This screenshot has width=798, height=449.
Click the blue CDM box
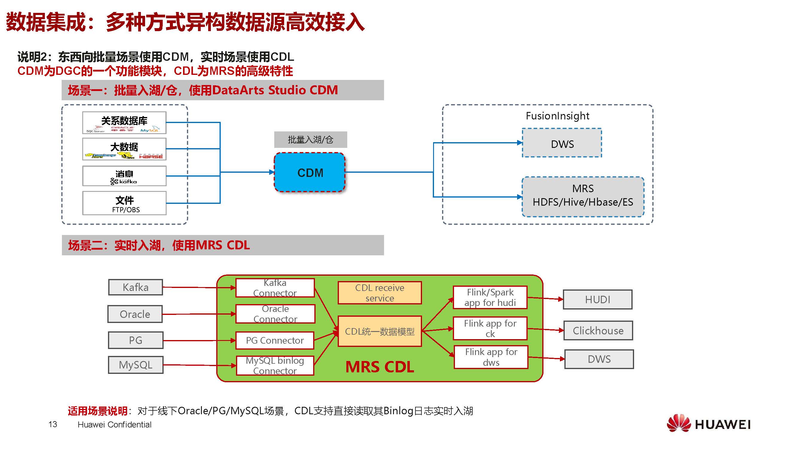(310, 172)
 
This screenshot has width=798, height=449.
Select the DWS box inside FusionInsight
(562, 143)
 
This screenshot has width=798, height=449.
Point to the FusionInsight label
(557, 116)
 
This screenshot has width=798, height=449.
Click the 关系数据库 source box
(124, 122)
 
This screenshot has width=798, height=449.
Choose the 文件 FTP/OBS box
(124, 204)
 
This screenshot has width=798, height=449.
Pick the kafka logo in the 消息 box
(124, 181)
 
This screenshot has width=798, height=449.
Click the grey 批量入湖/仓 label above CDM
(310, 140)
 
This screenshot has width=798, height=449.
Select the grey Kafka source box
(135, 287)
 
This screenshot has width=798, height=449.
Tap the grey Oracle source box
(135, 314)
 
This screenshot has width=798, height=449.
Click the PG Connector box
(275, 340)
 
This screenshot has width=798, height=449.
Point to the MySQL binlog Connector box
(275, 365)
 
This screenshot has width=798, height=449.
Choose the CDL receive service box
(380, 293)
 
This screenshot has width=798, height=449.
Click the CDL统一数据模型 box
(380, 331)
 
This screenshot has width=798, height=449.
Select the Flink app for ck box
(490, 328)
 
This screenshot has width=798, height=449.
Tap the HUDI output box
(597, 300)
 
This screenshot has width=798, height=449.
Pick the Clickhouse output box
(598, 330)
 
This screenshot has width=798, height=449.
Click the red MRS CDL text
(380, 367)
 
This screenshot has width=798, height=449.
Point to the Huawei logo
(709, 424)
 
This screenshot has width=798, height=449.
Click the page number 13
(53, 424)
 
